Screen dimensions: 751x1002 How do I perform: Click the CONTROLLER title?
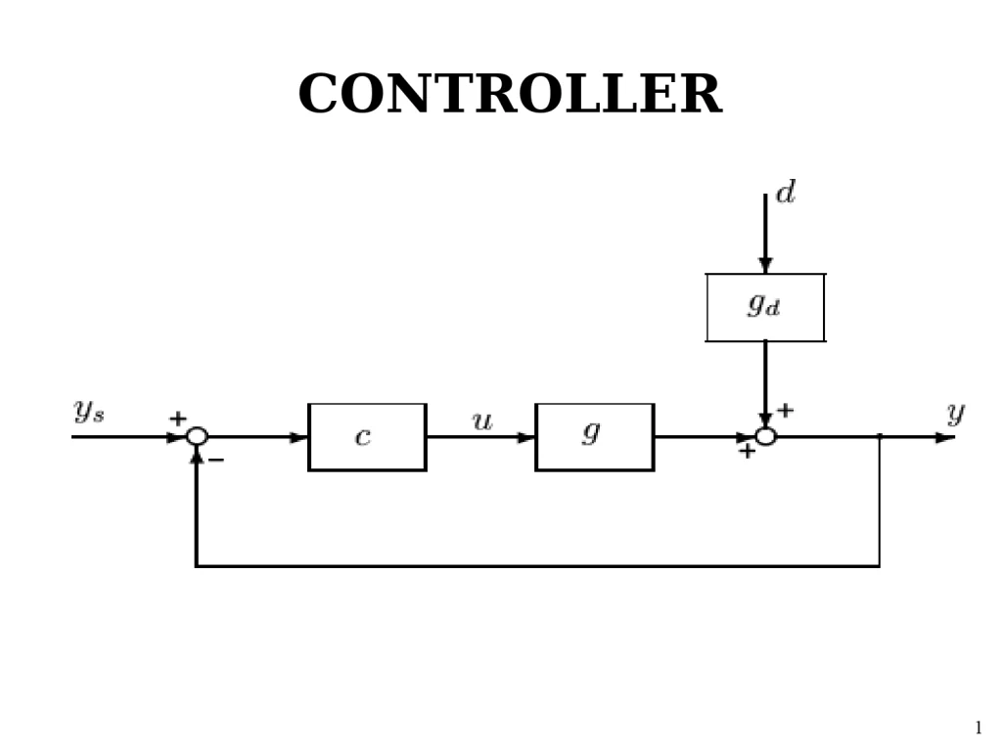coord(509,95)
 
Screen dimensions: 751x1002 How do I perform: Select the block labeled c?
coord(367,437)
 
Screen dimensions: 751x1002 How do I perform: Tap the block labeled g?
coord(594,437)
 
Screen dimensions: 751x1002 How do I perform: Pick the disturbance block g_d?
coord(765,307)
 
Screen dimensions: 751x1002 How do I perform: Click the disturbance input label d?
coord(785,193)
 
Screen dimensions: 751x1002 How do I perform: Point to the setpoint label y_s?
coord(89,412)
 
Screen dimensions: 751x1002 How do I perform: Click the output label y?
coord(955,414)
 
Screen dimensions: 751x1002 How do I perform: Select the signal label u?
coord(482,422)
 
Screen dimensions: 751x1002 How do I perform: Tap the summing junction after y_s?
coord(197,436)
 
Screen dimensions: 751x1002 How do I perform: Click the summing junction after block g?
coord(765,436)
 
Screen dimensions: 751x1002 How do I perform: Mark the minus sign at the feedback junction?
coord(217,460)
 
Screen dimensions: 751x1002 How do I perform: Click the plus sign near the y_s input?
coord(178,419)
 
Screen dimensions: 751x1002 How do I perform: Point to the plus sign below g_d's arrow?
coord(785,411)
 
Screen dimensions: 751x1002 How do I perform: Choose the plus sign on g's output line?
coord(747,452)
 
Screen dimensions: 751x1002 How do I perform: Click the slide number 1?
coord(978,728)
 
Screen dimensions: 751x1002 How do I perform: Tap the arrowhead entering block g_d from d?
coord(765,265)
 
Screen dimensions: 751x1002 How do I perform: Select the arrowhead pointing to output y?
coord(944,437)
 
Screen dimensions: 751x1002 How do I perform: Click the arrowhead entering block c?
coord(298,437)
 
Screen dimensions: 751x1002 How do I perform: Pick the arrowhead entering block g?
coord(526,437)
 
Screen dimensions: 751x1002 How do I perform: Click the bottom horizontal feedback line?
coord(538,565)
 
